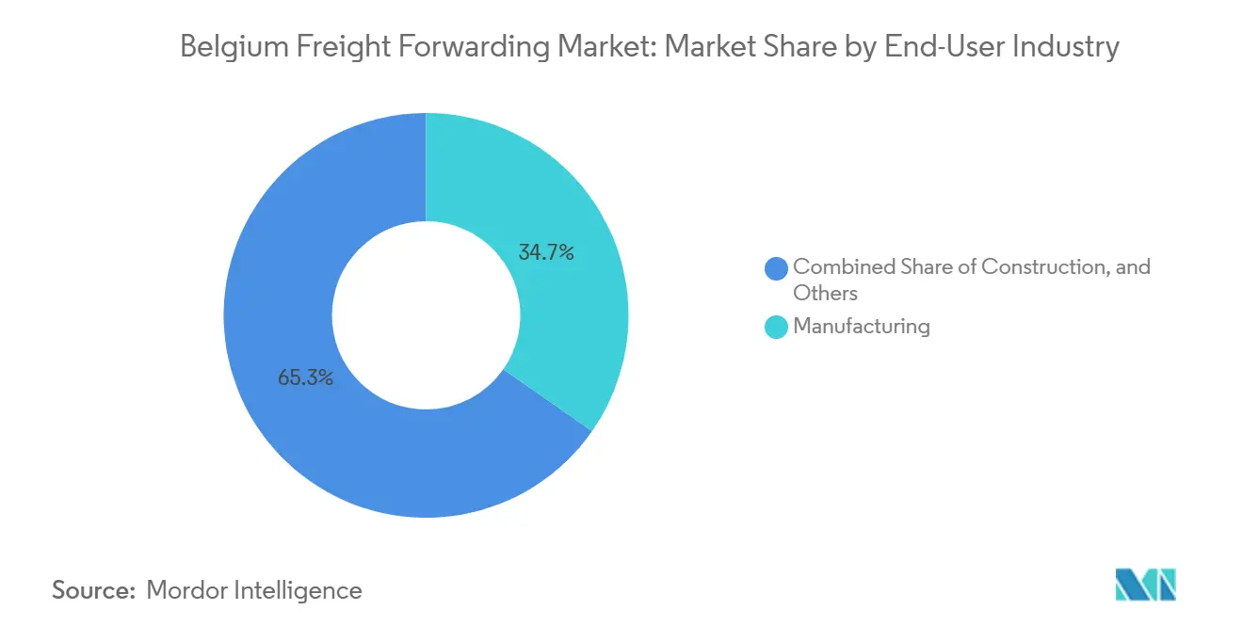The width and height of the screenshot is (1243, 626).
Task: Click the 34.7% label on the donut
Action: click(546, 252)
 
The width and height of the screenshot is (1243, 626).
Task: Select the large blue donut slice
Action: click(311, 282)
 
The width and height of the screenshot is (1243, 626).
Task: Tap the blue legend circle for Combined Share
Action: click(777, 268)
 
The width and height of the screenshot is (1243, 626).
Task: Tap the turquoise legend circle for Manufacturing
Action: click(777, 327)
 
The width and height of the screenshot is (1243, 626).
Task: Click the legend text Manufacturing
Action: click(861, 327)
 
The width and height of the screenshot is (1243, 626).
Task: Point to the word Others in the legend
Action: click(825, 293)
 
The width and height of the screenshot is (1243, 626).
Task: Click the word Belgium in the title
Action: click(224, 46)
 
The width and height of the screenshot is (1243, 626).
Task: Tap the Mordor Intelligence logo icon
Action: click(1145, 585)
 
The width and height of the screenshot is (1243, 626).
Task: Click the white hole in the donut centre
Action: click(426, 315)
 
